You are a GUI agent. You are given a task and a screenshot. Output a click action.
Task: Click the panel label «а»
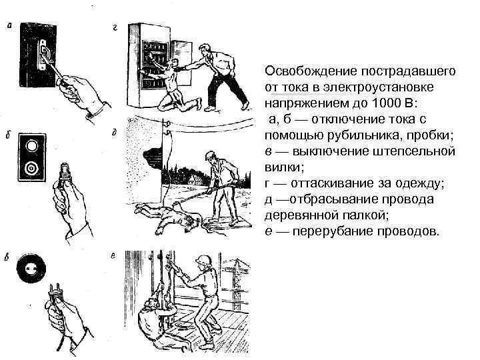click(9, 27)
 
